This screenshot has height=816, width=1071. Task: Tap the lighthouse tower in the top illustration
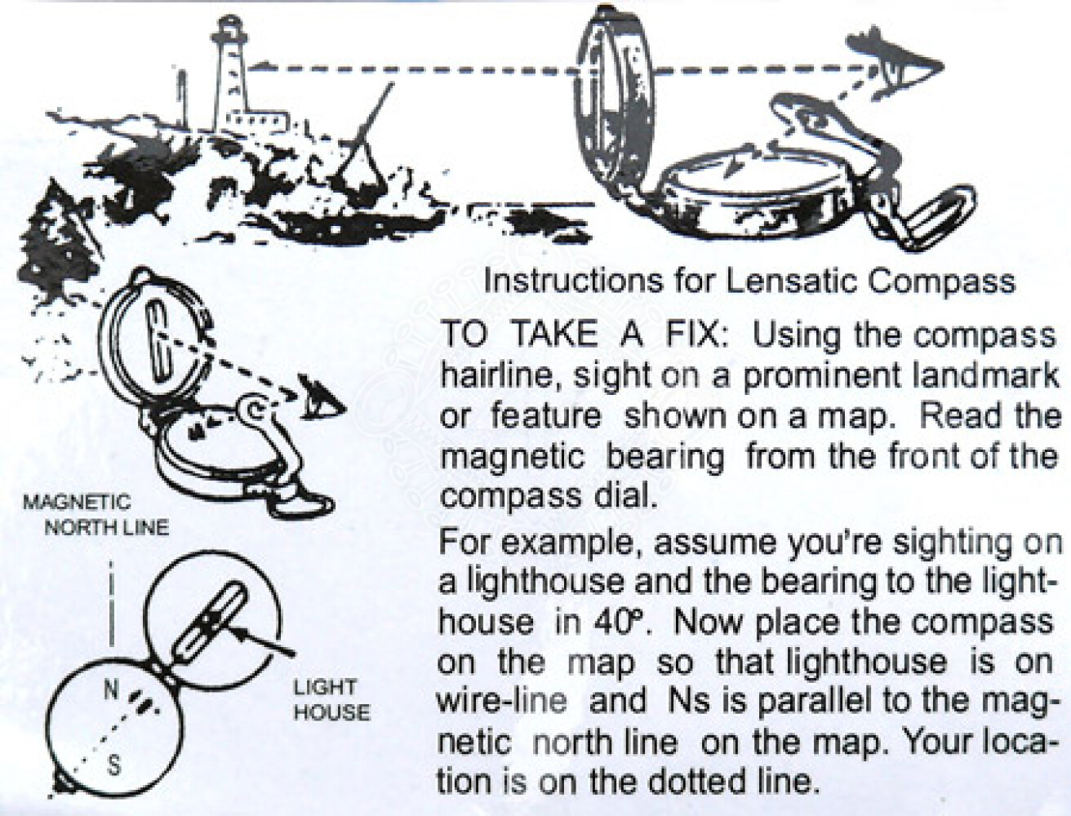click(229, 73)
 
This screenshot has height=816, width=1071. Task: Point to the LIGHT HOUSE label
click(331, 700)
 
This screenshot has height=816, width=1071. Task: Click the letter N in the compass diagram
click(111, 690)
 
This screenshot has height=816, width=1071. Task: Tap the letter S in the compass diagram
click(113, 765)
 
